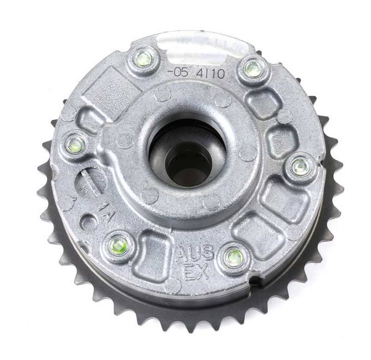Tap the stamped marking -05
(177, 72)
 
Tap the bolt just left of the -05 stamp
(143, 57)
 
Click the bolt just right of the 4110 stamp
(253, 68)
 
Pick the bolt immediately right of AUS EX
(234, 257)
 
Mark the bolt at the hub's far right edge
(301, 167)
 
